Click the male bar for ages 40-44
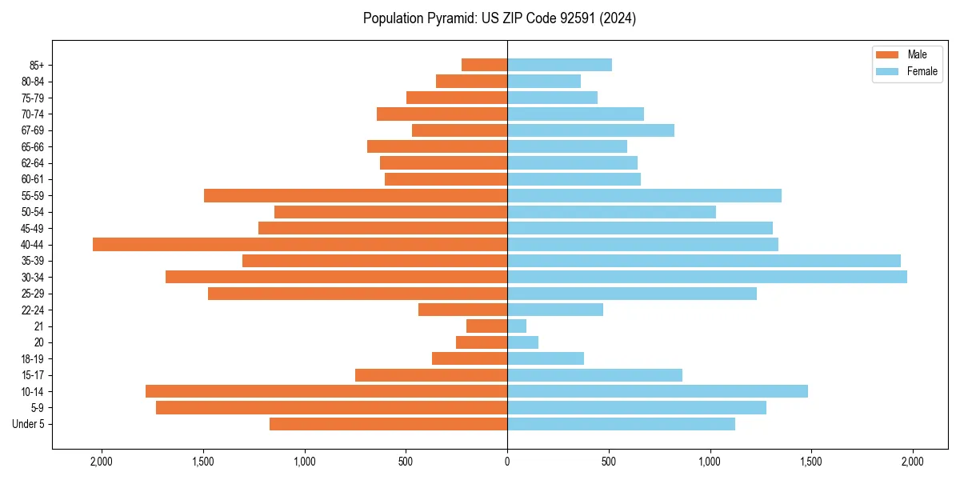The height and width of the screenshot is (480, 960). point(300,245)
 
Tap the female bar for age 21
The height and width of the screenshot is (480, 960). point(517,326)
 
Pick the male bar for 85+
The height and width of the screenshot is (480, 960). point(484,65)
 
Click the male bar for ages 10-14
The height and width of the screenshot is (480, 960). point(326,391)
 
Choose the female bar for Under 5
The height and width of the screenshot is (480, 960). point(621,424)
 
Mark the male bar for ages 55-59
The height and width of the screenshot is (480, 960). point(355,195)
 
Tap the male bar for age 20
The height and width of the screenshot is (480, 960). point(482,342)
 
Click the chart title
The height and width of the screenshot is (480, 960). point(499,18)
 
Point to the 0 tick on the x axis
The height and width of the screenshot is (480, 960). point(507,462)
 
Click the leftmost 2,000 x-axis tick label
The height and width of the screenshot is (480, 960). point(102,462)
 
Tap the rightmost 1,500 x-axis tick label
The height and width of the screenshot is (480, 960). point(811,462)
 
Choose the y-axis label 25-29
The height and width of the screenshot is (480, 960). point(33,294)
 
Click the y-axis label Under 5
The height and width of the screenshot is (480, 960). point(29,424)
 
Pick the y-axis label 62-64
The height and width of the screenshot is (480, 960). point(33,163)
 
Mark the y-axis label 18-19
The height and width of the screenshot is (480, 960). point(33,359)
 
